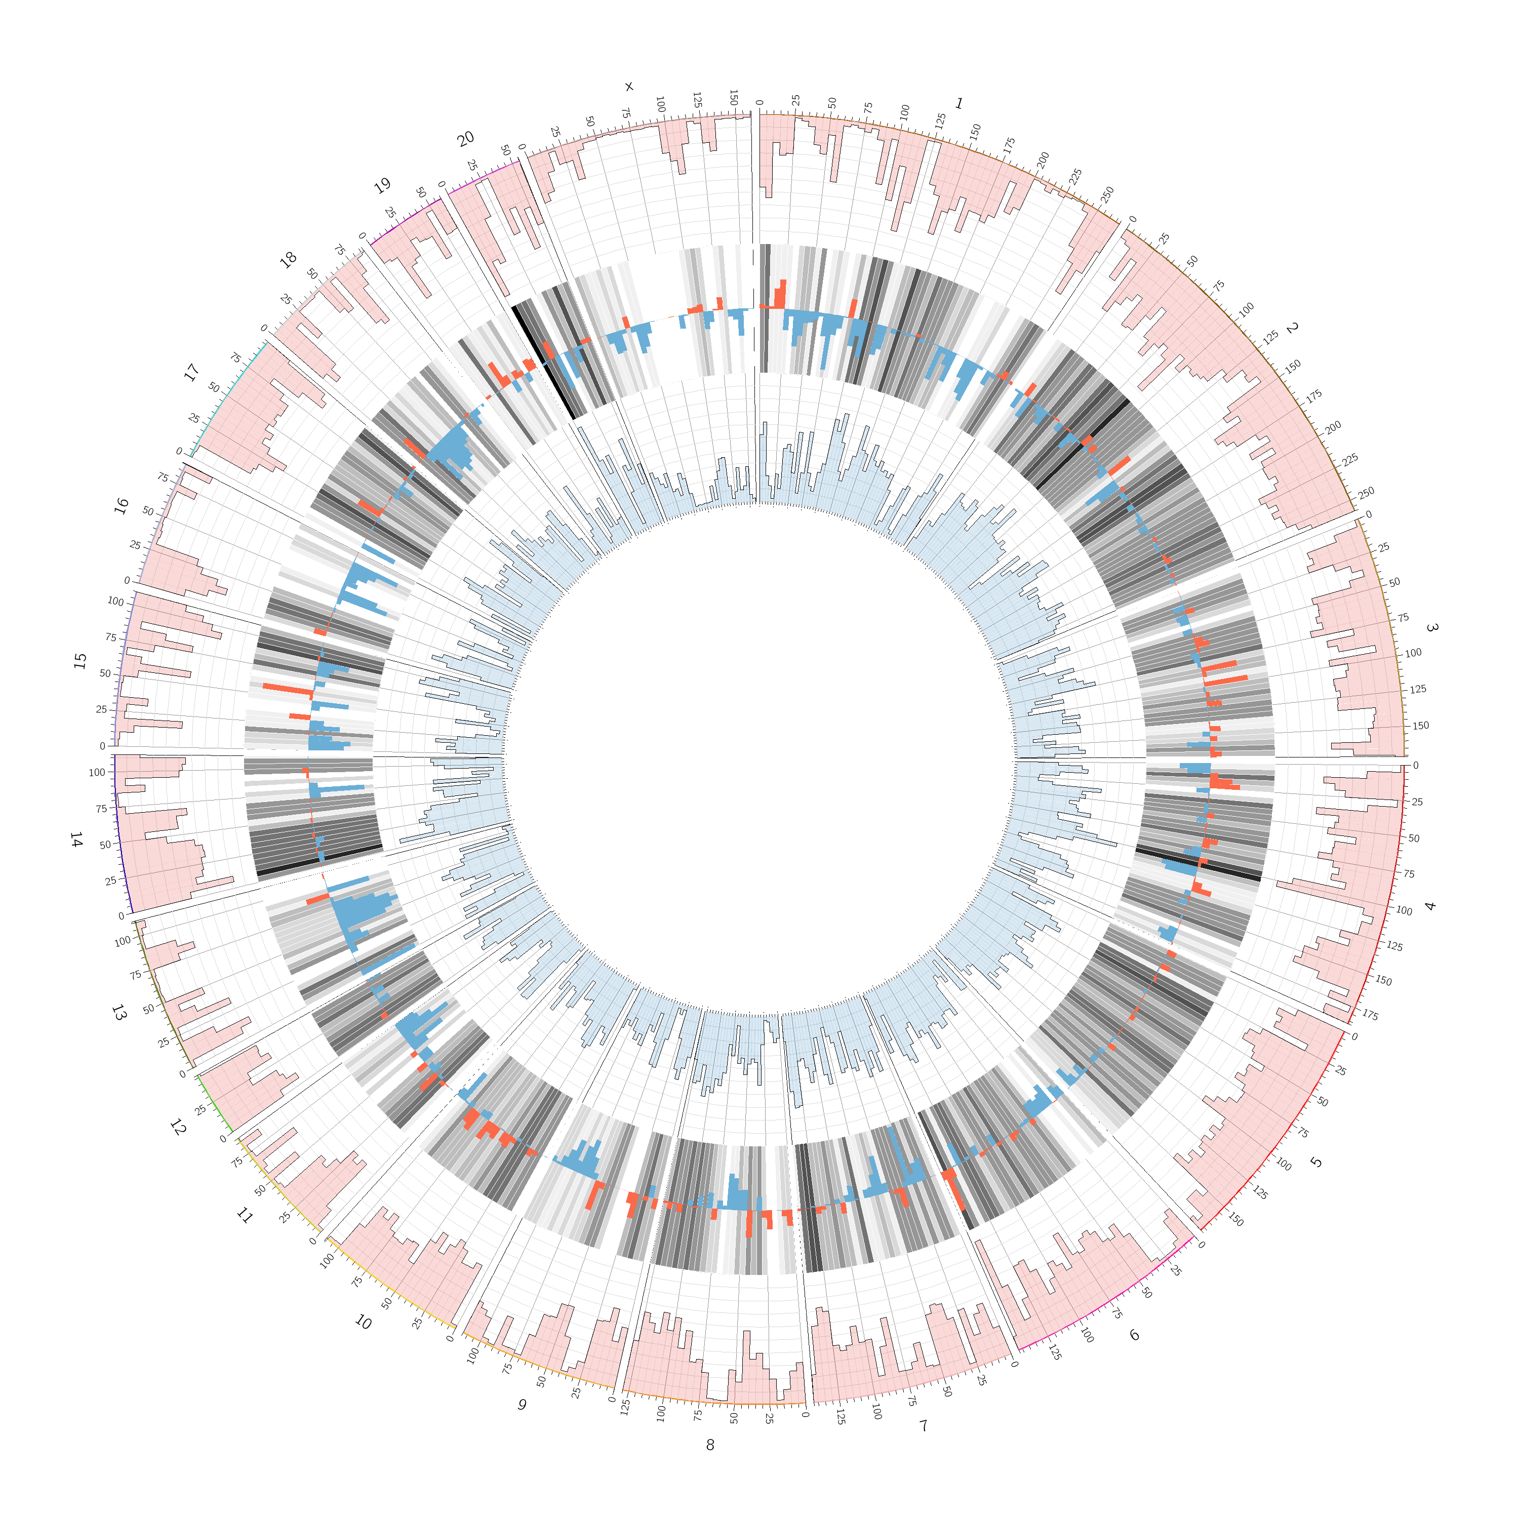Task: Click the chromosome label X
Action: coord(628,87)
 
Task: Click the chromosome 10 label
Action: coord(363,1323)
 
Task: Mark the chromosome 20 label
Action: coord(465,139)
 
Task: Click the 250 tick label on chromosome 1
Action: coord(1108,193)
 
